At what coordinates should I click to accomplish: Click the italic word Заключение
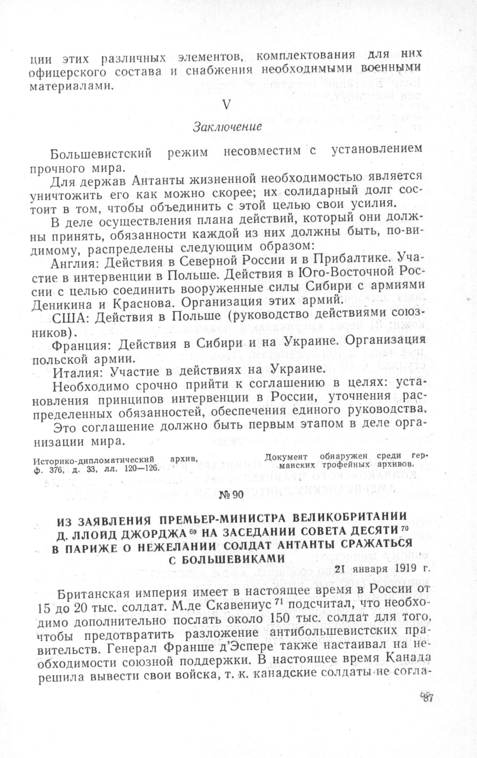[227, 127]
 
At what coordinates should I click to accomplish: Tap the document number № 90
[231, 495]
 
